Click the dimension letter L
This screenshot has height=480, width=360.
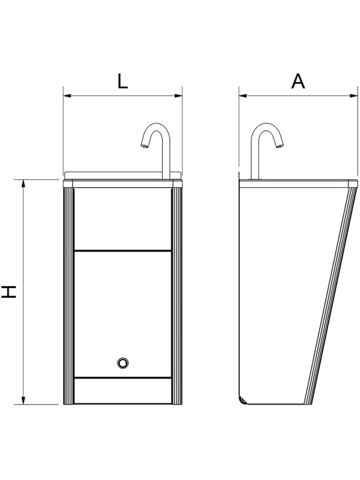pyautogui.click(x=123, y=81)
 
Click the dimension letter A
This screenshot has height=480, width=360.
pyautogui.click(x=298, y=81)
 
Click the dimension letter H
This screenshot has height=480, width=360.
pyautogui.click(x=9, y=292)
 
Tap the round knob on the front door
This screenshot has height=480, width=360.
pyautogui.click(x=123, y=363)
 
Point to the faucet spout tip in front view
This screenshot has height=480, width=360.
pyautogui.click(x=144, y=146)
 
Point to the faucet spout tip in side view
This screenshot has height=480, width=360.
pyautogui.click(x=280, y=146)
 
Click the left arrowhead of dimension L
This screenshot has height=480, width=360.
pyautogui.click(x=67, y=96)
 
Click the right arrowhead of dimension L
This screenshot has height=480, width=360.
pyautogui.click(x=179, y=96)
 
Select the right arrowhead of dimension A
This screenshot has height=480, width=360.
pyautogui.click(x=353, y=96)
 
